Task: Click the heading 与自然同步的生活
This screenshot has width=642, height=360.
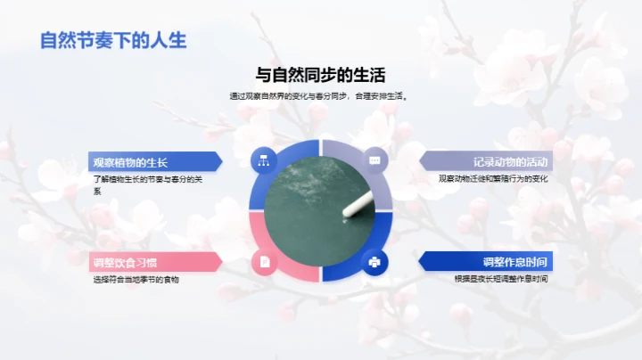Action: tap(321, 75)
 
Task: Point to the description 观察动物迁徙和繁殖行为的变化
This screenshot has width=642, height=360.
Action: tap(493, 179)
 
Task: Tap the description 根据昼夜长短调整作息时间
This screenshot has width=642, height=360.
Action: tap(501, 279)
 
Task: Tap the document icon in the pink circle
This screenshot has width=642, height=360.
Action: tap(264, 262)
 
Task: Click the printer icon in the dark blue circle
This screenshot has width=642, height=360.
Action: tap(375, 262)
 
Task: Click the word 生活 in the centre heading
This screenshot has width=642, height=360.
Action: tap(378, 75)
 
